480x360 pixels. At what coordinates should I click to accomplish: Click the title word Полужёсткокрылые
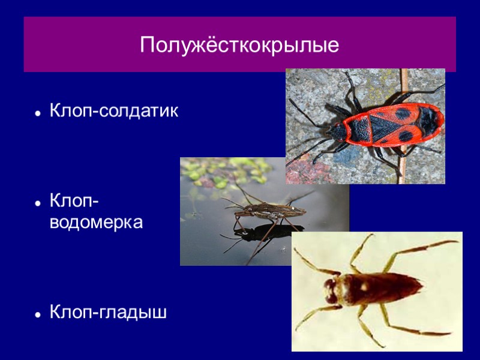(x=239, y=45)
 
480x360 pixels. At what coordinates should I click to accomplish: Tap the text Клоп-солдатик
(x=114, y=111)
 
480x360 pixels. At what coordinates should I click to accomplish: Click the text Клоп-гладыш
(x=108, y=313)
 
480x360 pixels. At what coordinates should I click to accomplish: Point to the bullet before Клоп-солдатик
(x=37, y=112)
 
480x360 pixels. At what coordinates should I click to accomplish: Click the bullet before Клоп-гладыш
(x=37, y=314)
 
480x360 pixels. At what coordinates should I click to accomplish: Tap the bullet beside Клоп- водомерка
(x=37, y=203)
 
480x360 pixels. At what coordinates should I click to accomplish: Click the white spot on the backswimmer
(x=364, y=287)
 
